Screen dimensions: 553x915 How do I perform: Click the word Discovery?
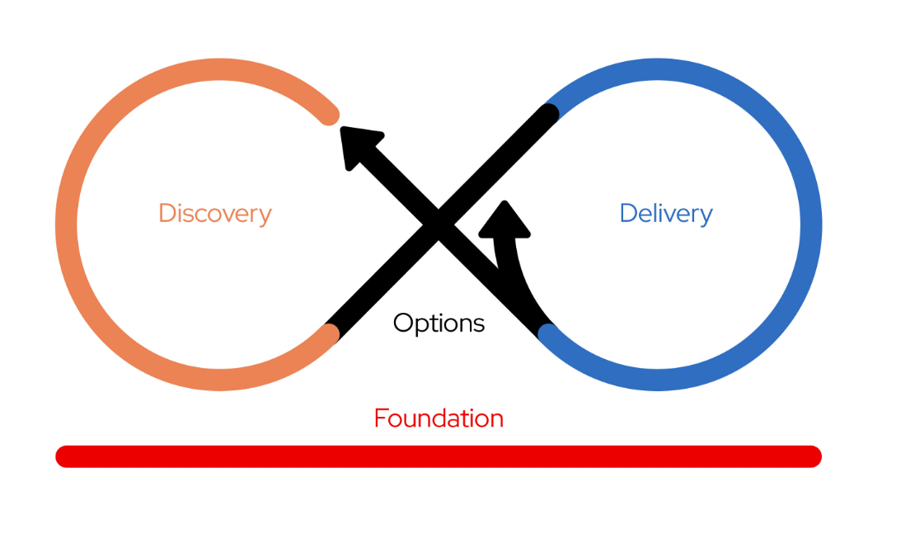tap(215, 213)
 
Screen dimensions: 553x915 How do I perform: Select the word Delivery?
tap(666, 213)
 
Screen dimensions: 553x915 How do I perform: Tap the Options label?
tap(439, 323)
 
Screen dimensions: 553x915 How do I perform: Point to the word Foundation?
tap(439, 418)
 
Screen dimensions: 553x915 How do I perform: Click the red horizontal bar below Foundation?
tap(439, 456)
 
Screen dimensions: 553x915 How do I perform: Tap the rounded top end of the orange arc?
tap(329, 115)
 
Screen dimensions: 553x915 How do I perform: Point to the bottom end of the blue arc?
tap(548, 333)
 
